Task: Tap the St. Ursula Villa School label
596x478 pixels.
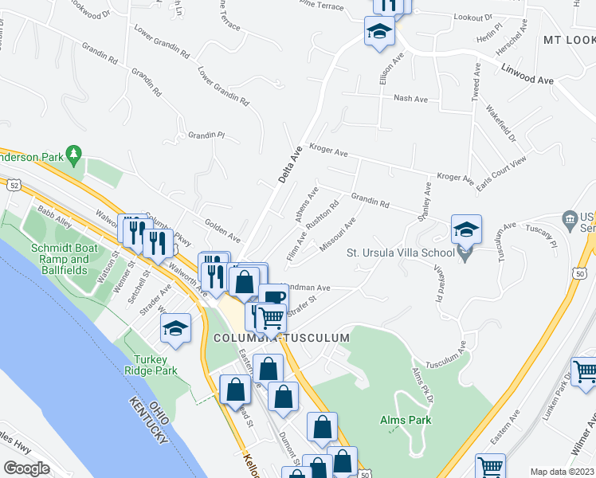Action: tap(401, 253)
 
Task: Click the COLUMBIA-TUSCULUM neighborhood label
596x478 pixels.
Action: tap(282, 338)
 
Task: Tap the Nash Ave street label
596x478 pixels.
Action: tap(411, 99)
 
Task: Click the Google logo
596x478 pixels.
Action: tap(26, 468)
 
